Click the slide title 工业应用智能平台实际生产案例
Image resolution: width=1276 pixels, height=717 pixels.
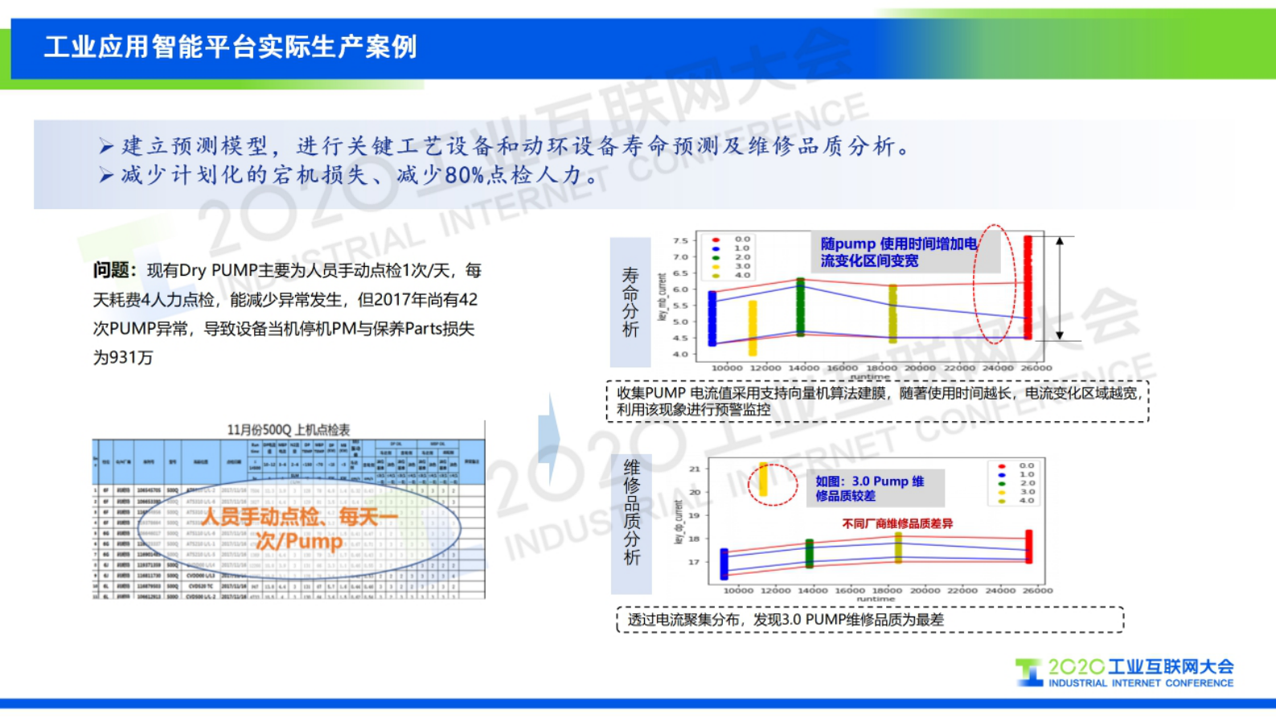pyautogui.click(x=231, y=47)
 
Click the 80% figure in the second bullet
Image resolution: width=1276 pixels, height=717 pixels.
pyautogui.click(x=465, y=174)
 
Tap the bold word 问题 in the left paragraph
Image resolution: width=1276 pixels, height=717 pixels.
pyautogui.click(x=113, y=271)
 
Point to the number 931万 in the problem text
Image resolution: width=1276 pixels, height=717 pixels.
pyautogui.click(x=123, y=358)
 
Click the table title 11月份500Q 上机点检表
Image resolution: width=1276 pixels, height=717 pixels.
pyautogui.click(x=289, y=430)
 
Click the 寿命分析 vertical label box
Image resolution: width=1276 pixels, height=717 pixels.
pyautogui.click(x=630, y=302)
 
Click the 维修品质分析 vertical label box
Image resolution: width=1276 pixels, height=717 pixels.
pyautogui.click(x=632, y=513)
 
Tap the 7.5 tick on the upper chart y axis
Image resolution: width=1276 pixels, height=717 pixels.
pyautogui.click(x=680, y=240)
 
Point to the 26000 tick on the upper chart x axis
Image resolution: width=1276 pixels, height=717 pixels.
pyautogui.click(x=1036, y=368)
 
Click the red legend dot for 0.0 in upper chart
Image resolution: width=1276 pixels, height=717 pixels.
pyautogui.click(x=715, y=240)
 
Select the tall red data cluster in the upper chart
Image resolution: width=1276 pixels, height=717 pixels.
pyautogui.click(x=1028, y=287)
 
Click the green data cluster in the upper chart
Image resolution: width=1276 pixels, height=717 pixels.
pyautogui.click(x=800, y=306)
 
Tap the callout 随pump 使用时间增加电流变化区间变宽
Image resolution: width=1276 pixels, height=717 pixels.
pyautogui.click(x=899, y=252)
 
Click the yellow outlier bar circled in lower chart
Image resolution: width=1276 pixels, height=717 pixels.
pyautogui.click(x=763, y=480)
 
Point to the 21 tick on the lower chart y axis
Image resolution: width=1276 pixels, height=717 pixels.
pyautogui.click(x=695, y=469)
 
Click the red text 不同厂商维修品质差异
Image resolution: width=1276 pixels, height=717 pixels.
pyautogui.click(x=897, y=523)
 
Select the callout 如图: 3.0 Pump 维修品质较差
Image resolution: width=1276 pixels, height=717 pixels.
pyautogui.click(x=870, y=488)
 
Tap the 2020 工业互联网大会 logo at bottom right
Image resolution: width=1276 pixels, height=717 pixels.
pyautogui.click(x=1125, y=673)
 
